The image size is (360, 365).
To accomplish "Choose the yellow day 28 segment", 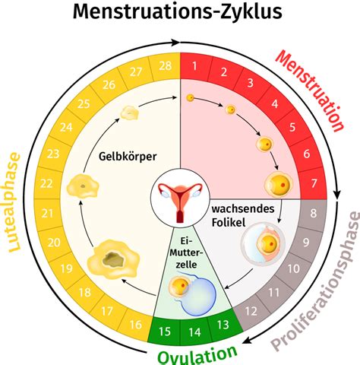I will pos(164,66).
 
